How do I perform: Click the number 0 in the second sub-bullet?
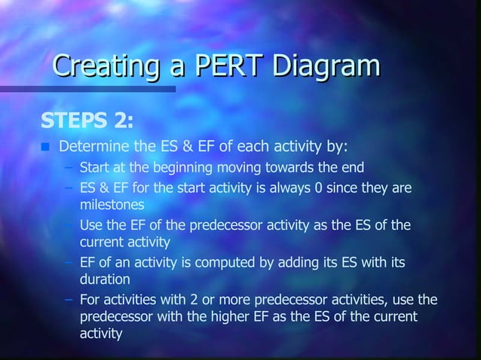(x=320, y=188)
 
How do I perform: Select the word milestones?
(x=112, y=205)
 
